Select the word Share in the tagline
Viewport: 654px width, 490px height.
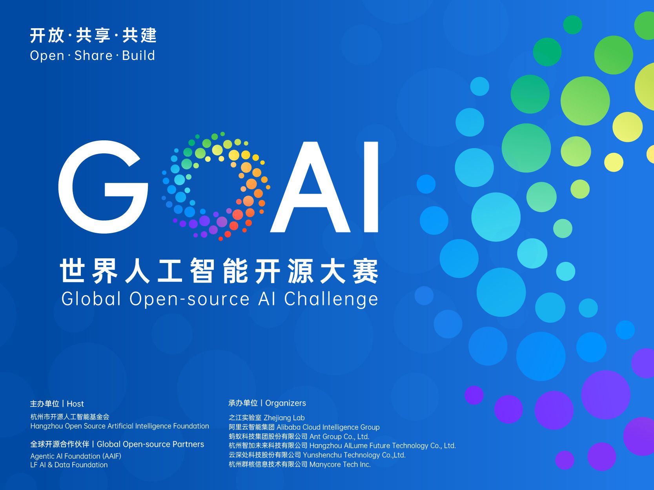click(x=93, y=56)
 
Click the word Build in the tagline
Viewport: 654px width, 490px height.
click(x=138, y=55)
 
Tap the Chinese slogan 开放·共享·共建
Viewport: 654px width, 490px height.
click(x=93, y=35)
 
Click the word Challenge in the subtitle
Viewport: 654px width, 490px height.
click(x=331, y=299)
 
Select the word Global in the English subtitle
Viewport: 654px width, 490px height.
click(x=91, y=298)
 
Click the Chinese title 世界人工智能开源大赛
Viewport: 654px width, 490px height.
click(x=219, y=271)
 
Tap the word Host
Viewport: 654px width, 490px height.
click(x=75, y=404)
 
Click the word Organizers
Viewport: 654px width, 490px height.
click(x=286, y=403)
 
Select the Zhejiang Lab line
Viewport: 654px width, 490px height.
click(x=267, y=417)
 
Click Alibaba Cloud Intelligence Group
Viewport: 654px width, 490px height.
click(x=328, y=427)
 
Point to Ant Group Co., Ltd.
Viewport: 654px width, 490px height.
click(x=339, y=437)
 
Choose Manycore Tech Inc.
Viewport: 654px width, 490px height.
click(x=340, y=465)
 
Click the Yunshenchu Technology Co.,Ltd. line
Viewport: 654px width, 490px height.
click(x=317, y=455)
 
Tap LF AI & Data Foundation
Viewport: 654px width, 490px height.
click(x=69, y=465)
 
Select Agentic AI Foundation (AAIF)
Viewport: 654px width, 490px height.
click(x=76, y=456)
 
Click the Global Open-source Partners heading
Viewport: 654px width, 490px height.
click(x=151, y=445)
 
